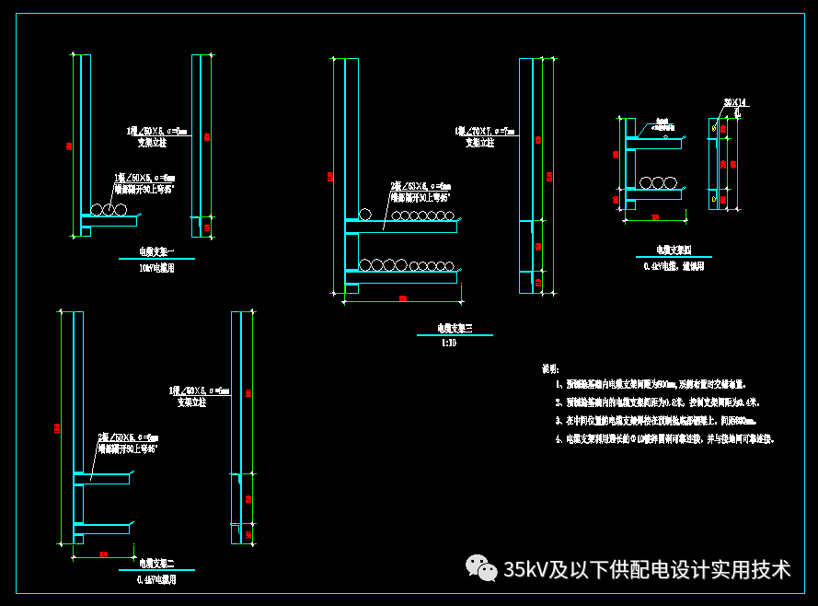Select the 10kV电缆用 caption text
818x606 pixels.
tap(156, 268)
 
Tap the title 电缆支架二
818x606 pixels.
tap(156, 563)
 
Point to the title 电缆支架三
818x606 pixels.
tap(454, 328)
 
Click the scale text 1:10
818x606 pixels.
tap(448, 343)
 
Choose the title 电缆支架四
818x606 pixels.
tap(674, 250)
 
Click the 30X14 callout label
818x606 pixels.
tap(734, 102)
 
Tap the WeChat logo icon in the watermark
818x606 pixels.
tap(480, 567)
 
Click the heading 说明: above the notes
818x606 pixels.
tap(550, 368)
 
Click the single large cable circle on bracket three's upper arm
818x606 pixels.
tap(364, 215)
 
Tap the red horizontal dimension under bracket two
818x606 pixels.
tap(103, 554)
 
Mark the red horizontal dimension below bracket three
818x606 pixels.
tap(402, 297)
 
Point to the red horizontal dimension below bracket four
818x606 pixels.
tap(656, 217)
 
